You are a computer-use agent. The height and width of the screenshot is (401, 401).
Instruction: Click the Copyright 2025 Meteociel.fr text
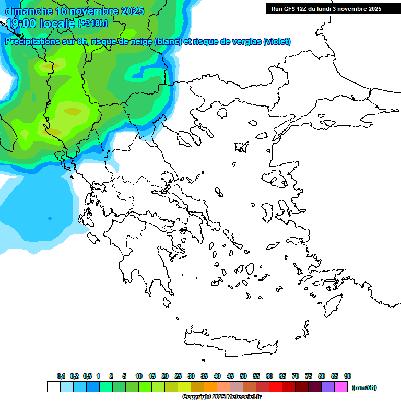point(221,397)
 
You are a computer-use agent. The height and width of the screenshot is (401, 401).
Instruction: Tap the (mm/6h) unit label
point(364,387)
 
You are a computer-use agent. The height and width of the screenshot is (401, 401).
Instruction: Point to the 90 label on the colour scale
point(348,376)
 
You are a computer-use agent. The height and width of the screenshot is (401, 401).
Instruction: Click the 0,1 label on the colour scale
point(61,376)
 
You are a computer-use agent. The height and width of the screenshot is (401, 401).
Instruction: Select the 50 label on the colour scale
point(243,376)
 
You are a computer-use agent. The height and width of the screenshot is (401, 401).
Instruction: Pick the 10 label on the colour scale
point(139,376)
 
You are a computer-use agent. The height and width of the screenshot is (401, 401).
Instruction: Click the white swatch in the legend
point(54,387)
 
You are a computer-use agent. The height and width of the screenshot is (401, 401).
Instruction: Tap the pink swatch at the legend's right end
point(341,387)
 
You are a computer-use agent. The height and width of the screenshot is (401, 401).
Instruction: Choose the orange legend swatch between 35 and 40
point(210,387)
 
